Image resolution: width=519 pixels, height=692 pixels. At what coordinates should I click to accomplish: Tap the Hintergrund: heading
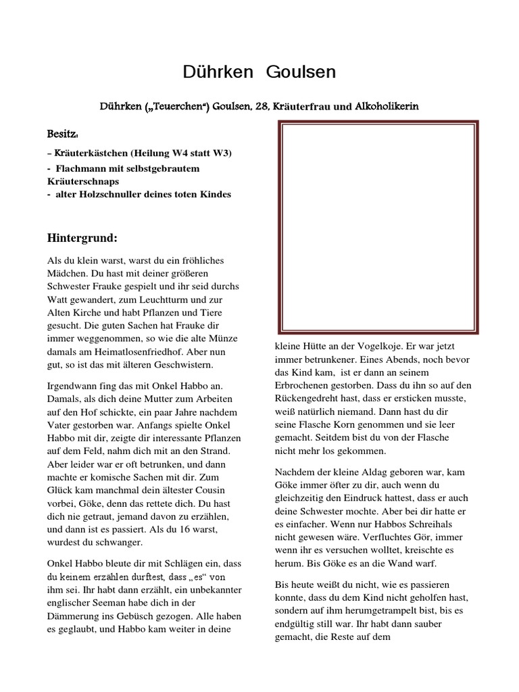click(82, 238)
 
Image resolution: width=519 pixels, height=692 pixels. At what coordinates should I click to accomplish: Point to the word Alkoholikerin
click(389, 107)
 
